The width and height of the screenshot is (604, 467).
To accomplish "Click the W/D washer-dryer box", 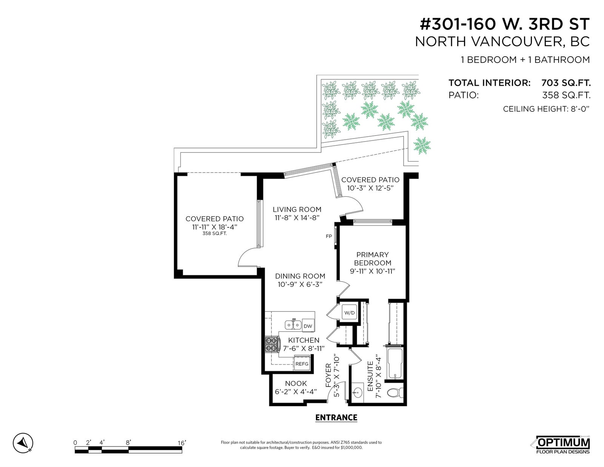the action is click(x=350, y=313).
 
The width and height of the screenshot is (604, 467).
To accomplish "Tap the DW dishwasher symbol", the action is click(x=308, y=326).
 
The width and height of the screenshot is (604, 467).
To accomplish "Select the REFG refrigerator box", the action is click(x=302, y=364).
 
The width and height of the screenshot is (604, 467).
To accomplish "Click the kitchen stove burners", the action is click(x=272, y=345).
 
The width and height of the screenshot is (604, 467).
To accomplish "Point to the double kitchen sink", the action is click(x=293, y=324).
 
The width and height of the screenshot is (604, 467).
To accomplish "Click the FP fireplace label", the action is click(x=329, y=236).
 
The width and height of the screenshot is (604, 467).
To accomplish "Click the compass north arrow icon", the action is click(x=23, y=443).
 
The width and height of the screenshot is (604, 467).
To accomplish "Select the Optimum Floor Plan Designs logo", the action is click(x=562, y=445).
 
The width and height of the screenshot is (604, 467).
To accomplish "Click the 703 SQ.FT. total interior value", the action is click(x=566, y=83).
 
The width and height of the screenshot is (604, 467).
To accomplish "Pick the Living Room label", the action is click(x=297, y=210).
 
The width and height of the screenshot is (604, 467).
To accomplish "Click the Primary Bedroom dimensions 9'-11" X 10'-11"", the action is click(x=373, y=271).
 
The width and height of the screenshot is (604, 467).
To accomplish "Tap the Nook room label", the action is click(x=296, y=384).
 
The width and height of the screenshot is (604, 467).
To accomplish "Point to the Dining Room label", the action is click(x=300, y=276).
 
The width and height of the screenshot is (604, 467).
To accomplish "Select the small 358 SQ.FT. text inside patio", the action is click(x=214, y=233).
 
